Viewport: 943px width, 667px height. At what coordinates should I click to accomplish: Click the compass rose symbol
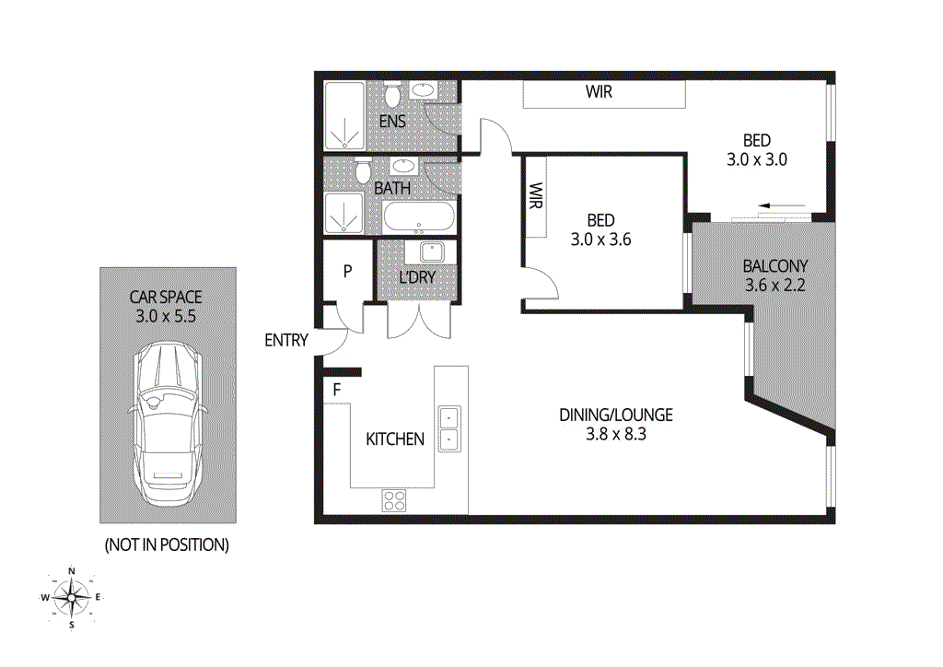click(x=72, y=597)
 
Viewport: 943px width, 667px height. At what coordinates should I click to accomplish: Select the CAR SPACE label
click(x=167, y=297)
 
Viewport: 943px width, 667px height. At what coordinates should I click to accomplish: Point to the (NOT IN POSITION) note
click(x=167, y=544)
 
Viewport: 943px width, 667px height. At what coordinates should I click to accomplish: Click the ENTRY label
click(x=285, y=340)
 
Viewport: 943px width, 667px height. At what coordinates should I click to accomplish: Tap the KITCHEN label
click(x=395, y=439)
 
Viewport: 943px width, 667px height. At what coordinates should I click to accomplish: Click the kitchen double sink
click(x=448, y=427)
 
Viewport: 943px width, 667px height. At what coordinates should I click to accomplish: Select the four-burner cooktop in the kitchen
click(x=394, y=500)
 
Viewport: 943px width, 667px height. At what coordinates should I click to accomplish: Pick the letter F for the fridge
click(x=337, y=390)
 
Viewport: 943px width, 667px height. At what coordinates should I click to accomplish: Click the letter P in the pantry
click(x=348, y=271)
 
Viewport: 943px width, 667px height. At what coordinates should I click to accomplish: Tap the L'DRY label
click(x=417, y=276)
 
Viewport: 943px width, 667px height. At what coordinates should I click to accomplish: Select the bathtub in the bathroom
click(x=418, y=218)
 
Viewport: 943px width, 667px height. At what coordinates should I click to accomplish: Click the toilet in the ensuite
click(x=391, y=95)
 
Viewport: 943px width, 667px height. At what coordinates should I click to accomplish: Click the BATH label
click(x=392, y=188)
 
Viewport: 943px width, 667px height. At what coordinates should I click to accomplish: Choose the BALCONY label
click(x=774, y=267)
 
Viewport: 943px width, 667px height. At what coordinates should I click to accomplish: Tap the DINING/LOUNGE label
click(x=616, y=415)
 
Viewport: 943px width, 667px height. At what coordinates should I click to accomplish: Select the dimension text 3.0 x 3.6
click(x=600, y=239)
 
